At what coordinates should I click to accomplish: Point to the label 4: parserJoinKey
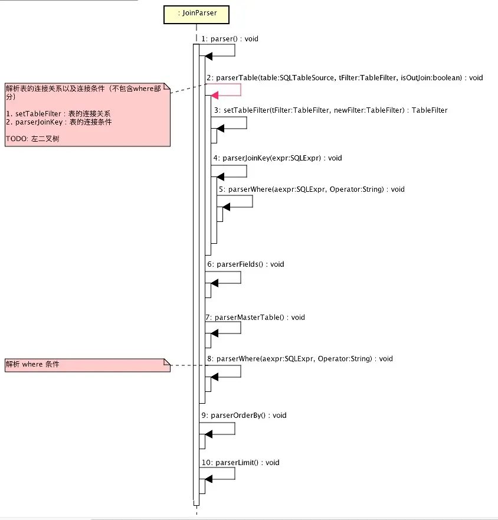(x=278, y=158)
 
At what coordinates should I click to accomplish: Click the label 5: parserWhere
(x=311, y=189)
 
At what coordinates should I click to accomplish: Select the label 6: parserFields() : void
(x=245, y=264)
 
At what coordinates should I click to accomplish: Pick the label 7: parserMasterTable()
(x=255, y=318)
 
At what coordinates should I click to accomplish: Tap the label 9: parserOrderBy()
(x=244, y=416)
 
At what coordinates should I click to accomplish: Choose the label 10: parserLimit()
(x=240, y=463)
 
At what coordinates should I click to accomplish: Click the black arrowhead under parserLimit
(x=208, y=482)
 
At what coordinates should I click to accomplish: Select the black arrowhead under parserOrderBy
(x=208, y=434)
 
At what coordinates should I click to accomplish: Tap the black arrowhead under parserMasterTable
(x=214, y=333)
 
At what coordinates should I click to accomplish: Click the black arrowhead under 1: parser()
(x=208, y=56)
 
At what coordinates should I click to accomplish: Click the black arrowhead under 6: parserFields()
(x=214, y=283)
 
